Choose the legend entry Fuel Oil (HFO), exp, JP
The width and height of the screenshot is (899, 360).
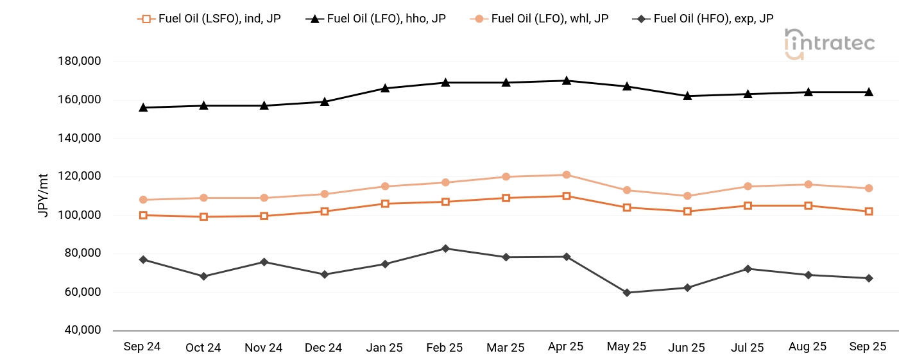(704, 19)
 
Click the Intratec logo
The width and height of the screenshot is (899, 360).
(829, 44)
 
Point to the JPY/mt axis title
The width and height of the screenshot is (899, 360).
(43, 195)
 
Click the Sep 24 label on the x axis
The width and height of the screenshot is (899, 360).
(142, 347)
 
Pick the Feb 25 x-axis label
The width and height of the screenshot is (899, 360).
(444, 347)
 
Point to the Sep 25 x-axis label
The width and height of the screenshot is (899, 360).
(868, 347)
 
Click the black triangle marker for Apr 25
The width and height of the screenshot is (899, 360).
(567, 81)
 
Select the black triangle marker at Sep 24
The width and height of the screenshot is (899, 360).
(143, 107)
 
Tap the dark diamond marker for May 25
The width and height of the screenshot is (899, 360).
(627, 293)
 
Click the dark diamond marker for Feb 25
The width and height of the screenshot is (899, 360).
(445, 248)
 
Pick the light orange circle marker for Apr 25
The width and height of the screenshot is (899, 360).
(567, 175)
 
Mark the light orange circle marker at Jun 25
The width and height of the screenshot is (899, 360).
(687, 196)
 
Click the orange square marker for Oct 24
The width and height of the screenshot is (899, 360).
(203, 217)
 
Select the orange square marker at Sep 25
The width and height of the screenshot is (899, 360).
(869, 211)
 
